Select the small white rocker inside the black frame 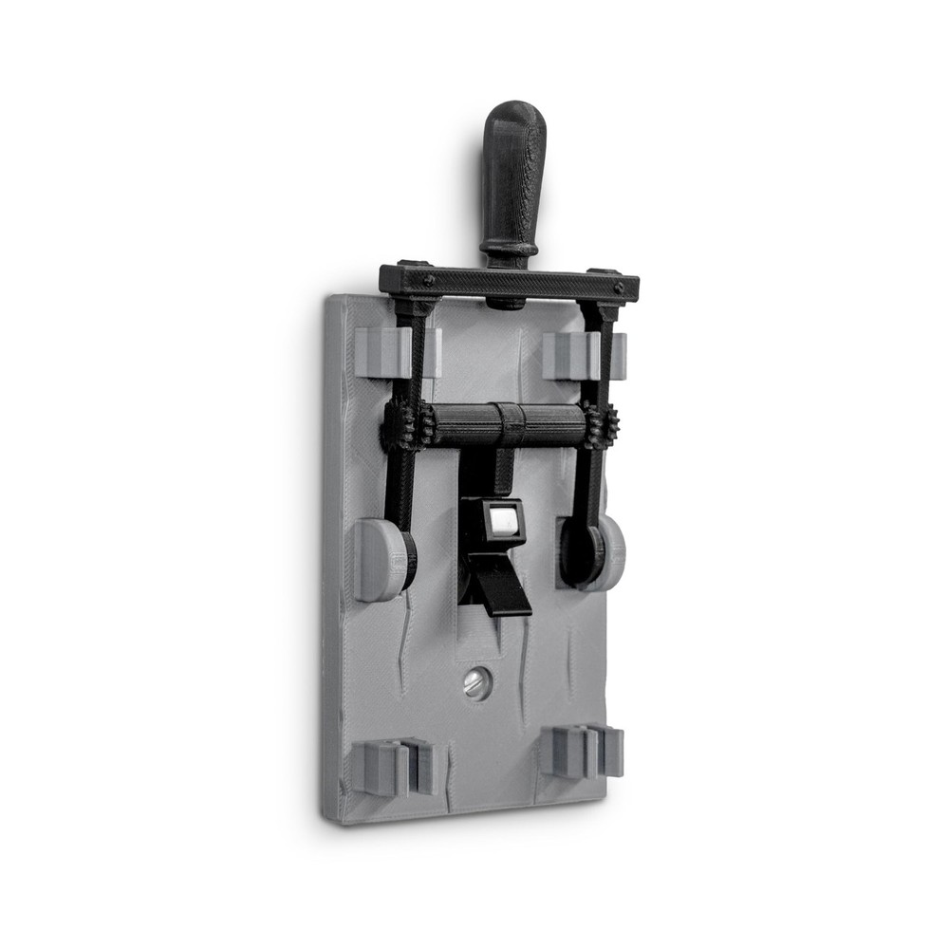503,521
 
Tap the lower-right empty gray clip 584,752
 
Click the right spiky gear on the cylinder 600,425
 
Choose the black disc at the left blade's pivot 407,561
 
